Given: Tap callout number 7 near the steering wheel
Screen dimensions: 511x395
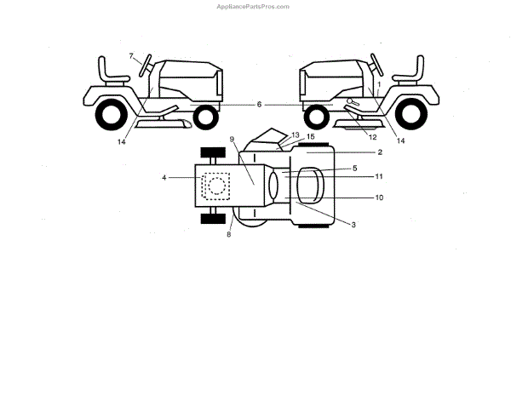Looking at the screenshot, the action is (x=132, y=56).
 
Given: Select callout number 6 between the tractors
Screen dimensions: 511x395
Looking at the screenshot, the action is (x=258, y=104).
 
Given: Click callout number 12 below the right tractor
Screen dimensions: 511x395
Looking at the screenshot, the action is (x=371, y=136).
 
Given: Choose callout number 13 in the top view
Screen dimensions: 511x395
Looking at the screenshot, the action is (x=296, y=135).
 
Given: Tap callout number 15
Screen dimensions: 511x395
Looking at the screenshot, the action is (x=311, y=137).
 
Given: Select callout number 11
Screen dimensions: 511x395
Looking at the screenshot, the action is (x=379, y=176).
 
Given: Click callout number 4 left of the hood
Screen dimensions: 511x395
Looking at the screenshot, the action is (x=164, y=177).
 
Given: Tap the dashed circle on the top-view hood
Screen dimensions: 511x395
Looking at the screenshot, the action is (x=217, y=185).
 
